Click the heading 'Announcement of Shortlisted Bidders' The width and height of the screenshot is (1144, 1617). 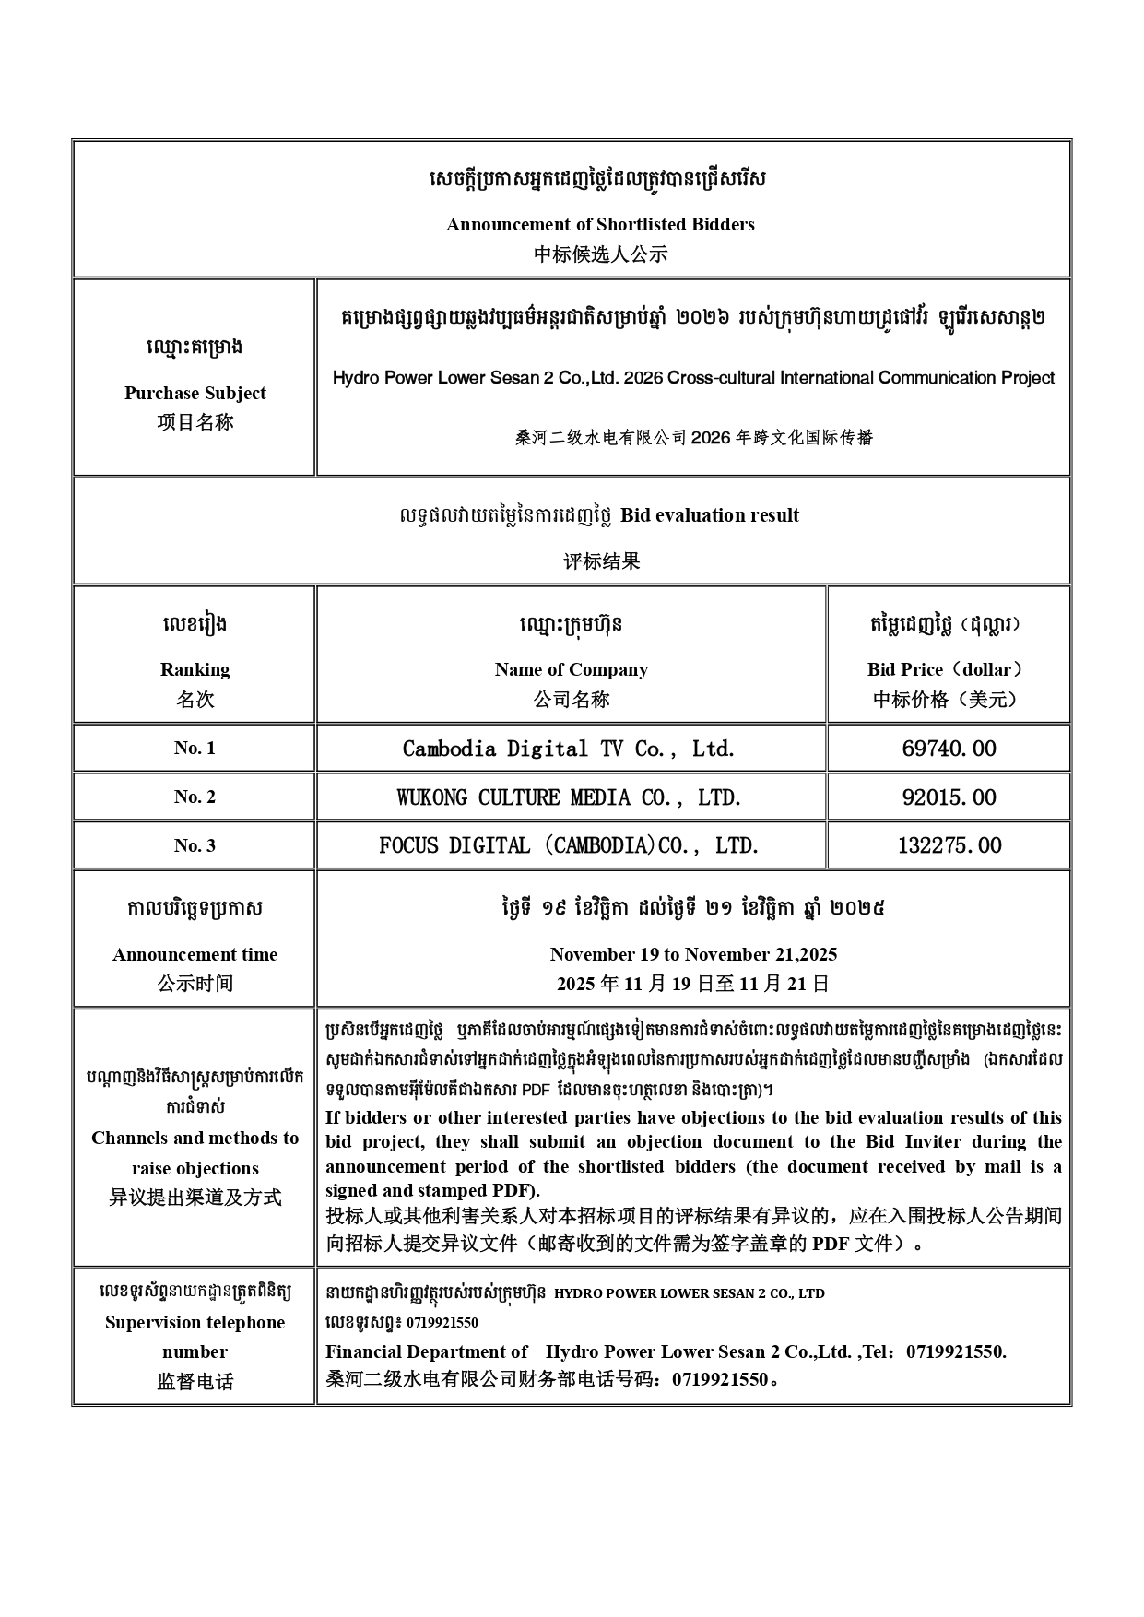point(600,224)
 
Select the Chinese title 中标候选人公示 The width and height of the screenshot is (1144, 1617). point(600,254)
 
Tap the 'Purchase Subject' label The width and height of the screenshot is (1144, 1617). point(195,393)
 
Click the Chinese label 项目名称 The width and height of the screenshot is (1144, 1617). point(195,422)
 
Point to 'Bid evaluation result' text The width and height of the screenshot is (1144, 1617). point(709,515)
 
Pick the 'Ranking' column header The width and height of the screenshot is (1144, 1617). point(195,669)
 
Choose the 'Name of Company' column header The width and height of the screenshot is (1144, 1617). point(571,669)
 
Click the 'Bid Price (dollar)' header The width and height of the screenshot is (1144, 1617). point(948,669)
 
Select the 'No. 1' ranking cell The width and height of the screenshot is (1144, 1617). point(195,748)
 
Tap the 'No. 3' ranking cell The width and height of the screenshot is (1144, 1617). point(195,845)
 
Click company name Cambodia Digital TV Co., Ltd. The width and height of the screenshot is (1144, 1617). point(569,749)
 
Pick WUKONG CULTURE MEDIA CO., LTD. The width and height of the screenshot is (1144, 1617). point(569,797)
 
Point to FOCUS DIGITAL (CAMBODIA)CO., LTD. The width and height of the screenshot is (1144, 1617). point(569,845)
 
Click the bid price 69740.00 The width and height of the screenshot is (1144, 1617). point(949,749)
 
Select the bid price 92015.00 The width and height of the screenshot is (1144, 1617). point(949,797)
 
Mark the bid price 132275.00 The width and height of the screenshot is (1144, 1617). point(949,845)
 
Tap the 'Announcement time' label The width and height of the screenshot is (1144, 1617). point(195,954)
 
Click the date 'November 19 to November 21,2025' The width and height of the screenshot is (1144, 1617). point(693,954)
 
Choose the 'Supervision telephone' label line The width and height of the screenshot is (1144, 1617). point(195,1322)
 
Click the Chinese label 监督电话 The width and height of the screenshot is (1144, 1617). point(195,1382)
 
